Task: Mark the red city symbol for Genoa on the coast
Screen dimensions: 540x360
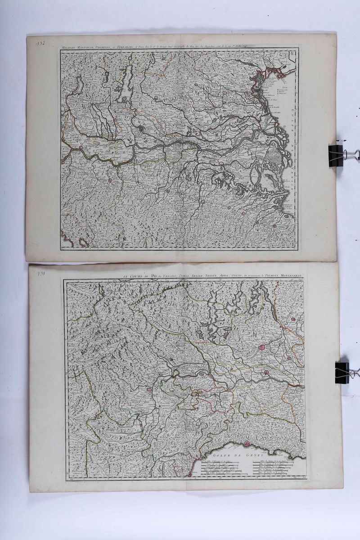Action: click(x=247, y=444)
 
